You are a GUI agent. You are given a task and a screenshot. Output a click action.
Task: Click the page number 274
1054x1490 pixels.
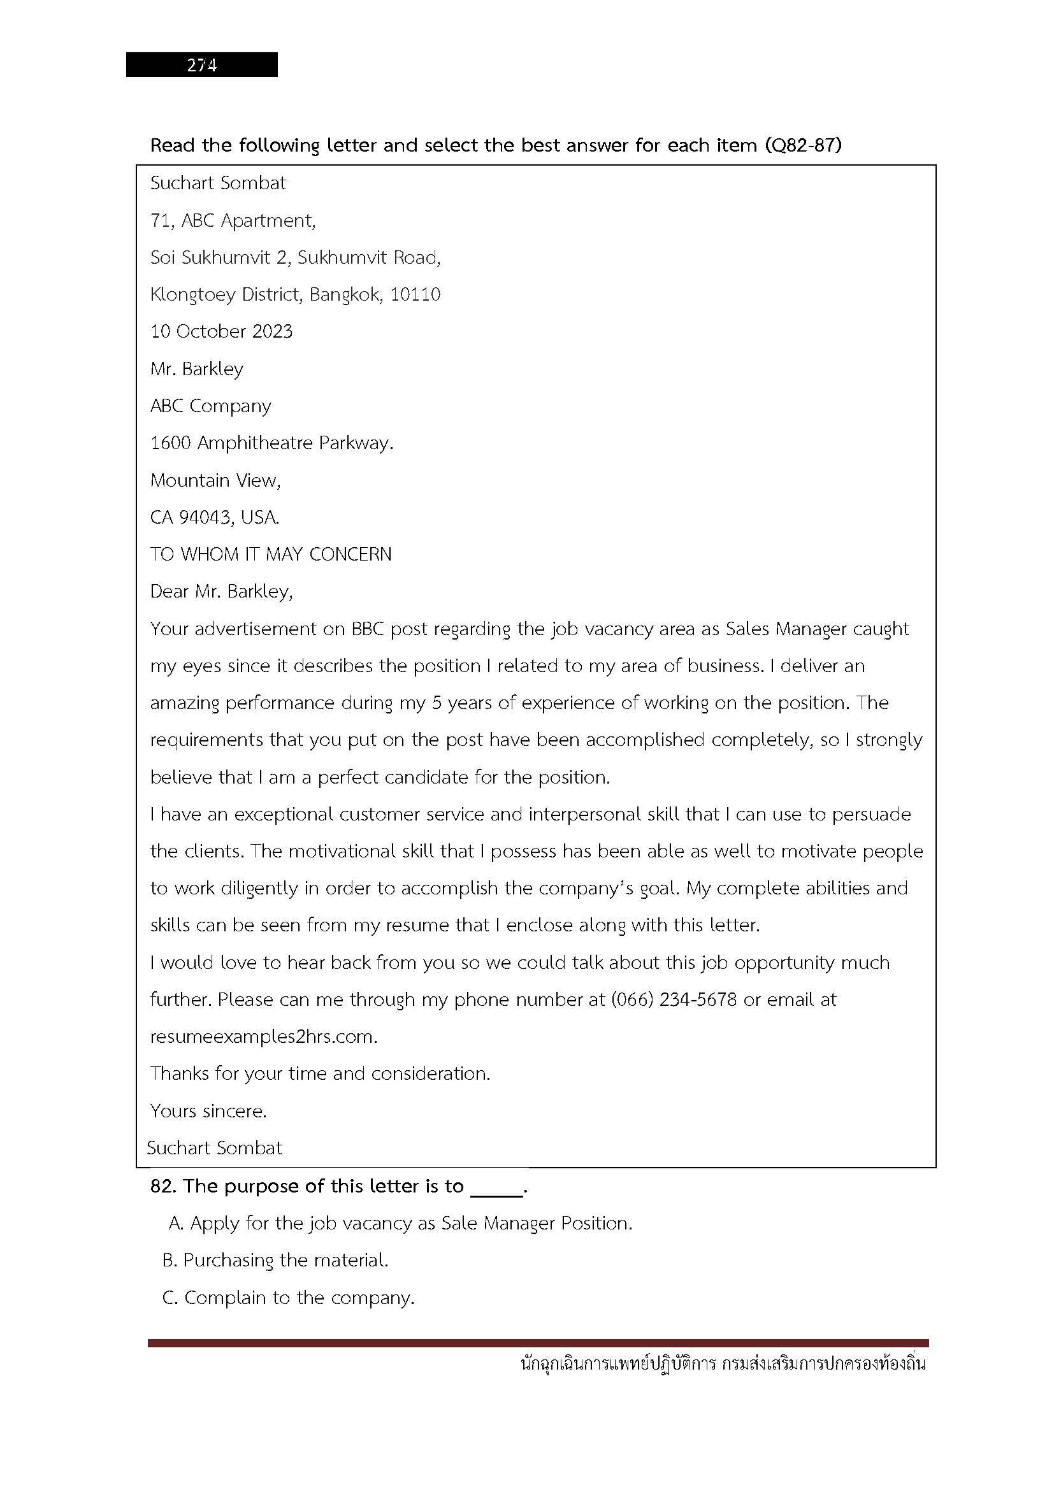(x=202, y=65)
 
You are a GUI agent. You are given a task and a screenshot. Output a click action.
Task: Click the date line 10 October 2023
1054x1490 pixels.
(x=221, y=332)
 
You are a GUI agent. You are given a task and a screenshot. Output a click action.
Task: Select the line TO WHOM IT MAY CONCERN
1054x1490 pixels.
(x=271, y=554)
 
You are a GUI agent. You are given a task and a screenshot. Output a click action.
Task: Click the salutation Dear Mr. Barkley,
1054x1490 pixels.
(x=221, y=591)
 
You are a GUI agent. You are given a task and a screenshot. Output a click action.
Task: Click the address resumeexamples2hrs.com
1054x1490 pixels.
(x=264, y=1036)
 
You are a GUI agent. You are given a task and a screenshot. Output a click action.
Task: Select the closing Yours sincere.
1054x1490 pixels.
(x=208, y=1111)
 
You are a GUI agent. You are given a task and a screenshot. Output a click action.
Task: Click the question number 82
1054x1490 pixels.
(x=164, y=1186)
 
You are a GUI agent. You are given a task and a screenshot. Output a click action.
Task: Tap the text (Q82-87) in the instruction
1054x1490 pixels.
(x=803, y=145)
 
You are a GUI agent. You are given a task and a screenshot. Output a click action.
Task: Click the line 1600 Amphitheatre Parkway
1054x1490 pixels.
(x=272, y=443)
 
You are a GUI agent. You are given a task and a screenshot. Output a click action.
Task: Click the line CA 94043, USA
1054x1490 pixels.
(x=215, y=517)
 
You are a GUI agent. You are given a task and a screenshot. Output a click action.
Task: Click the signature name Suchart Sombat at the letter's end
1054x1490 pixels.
(x=214, y=1148)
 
